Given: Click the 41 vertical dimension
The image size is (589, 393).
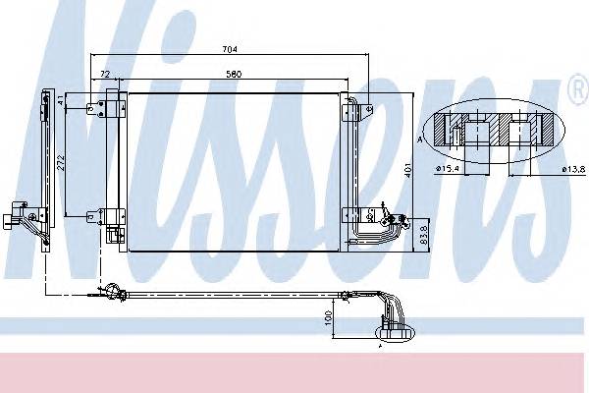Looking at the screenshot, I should (61, 100).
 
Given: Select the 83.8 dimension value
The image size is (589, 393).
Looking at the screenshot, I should (423, 235).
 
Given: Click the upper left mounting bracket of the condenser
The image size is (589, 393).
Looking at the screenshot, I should (95, 107).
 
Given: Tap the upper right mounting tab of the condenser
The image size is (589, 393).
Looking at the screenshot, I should (354, 102).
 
